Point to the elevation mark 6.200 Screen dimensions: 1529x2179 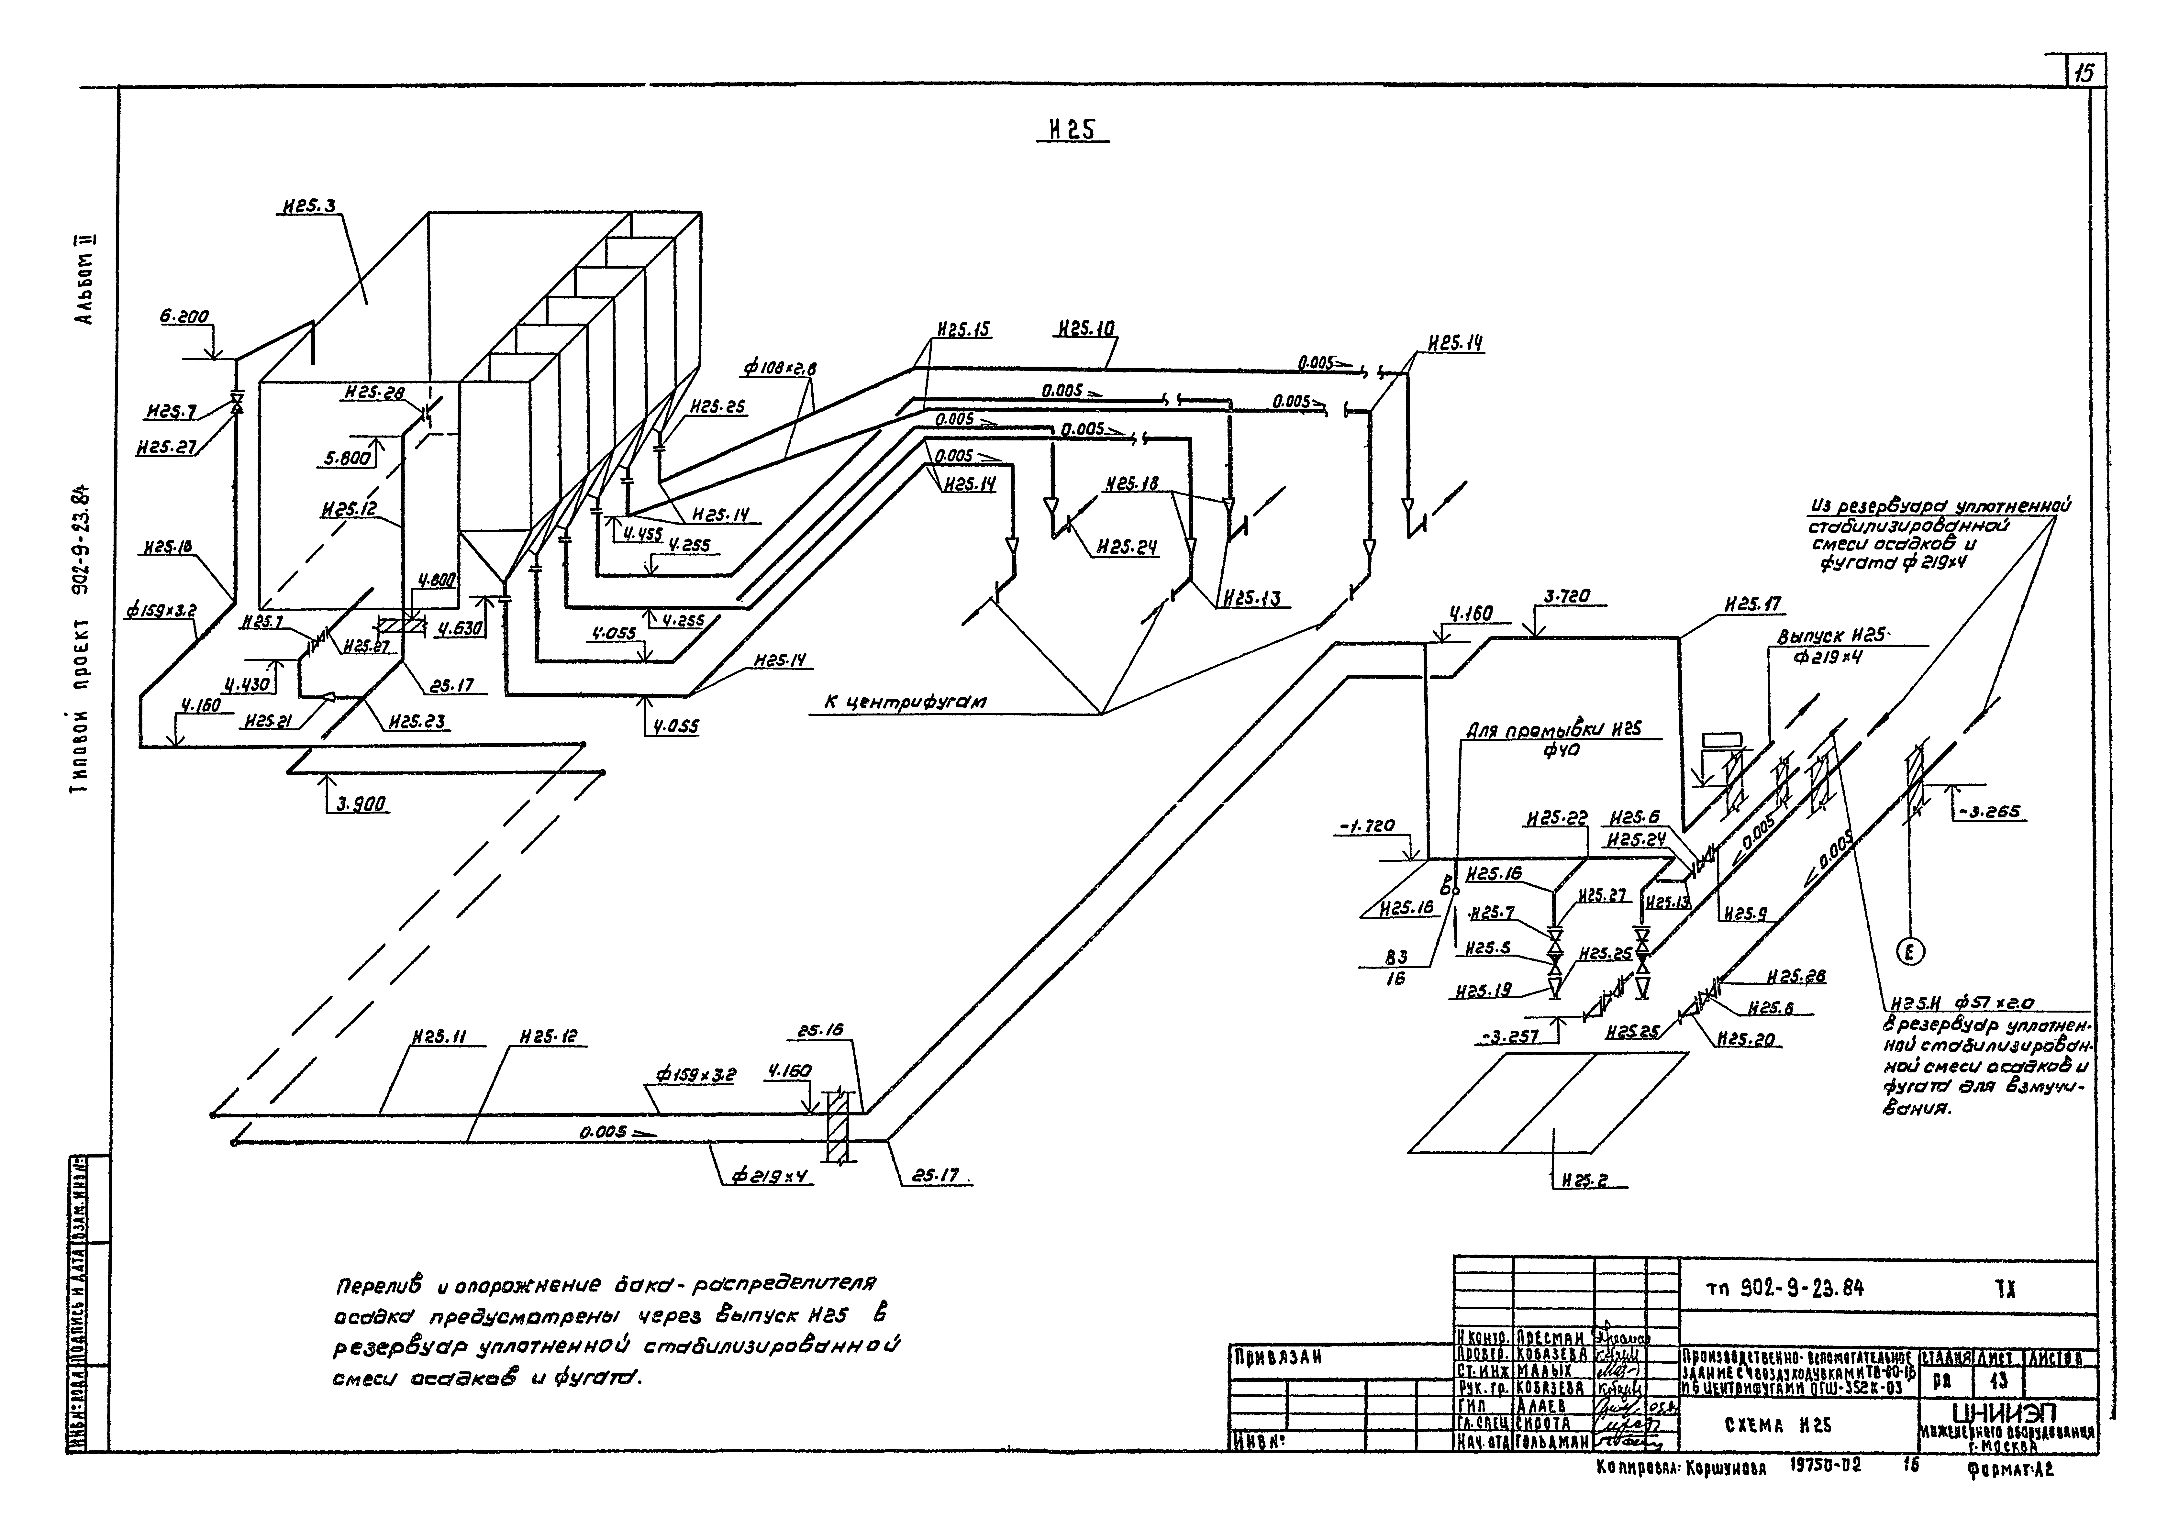pyautogui.click(x=184, y=318)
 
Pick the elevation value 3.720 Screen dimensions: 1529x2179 pyautogui.click(x=1567, y=597)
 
